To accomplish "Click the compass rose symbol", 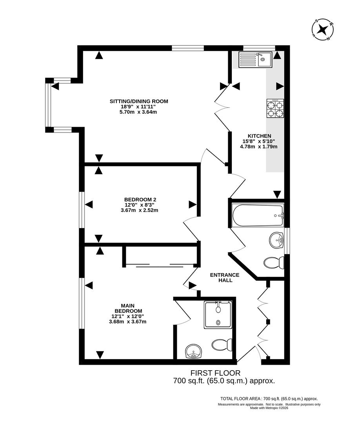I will tap(323, 30).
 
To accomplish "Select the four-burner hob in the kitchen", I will tap(275, 109).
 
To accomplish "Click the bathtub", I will tap(258, 216).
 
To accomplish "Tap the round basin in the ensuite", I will tap(193, 351).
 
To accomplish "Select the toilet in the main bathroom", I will tap(274, 262).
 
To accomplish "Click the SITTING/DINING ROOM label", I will tap(138, 101).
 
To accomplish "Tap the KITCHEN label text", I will tap(258, 136).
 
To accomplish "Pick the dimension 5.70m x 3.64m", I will tap(139, 112).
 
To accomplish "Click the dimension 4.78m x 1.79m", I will tap(258, 147).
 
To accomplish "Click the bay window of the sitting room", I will tap(49, 105).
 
